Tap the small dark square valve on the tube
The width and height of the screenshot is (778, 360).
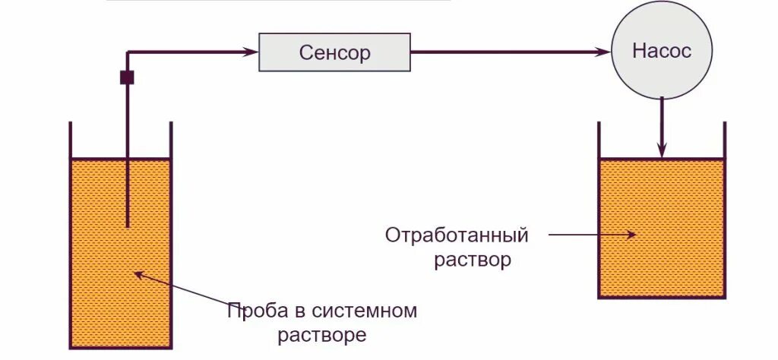127,77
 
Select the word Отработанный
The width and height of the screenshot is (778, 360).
456,235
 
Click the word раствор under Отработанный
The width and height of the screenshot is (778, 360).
473,260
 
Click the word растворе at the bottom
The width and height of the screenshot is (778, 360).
322,334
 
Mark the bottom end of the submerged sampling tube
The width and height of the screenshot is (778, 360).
127,226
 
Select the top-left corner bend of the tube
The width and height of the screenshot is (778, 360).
128,52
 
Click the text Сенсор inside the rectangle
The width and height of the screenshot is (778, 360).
334,52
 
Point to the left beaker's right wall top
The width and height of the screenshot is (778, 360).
170,124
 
